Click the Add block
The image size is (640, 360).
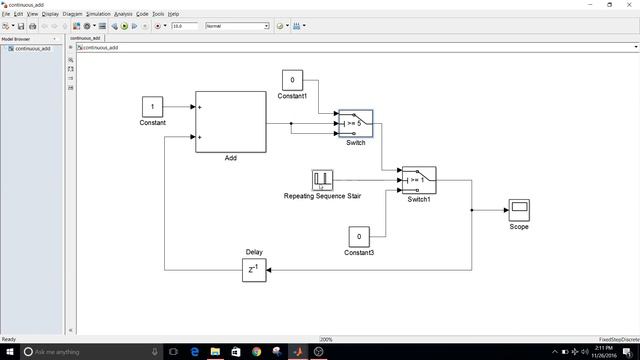(230, 121)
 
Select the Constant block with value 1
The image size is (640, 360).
(152, 106)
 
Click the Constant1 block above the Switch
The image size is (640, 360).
(292, 80)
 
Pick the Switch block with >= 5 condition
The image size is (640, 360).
(355, 124)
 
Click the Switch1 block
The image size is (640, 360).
(418, 179)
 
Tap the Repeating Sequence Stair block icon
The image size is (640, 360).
(322, 180)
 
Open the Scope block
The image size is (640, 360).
(518, 210)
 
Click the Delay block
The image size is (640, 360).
(254, 270)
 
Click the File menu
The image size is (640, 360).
(6, 14)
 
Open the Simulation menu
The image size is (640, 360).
(98, 14)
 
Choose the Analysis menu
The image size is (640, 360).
(122, 14)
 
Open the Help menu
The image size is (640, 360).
(173, 14)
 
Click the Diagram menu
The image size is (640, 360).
(73, 14)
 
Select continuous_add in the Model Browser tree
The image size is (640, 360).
(33, 48)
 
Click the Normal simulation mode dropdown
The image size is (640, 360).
(237, 26)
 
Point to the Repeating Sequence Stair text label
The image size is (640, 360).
(322, 196)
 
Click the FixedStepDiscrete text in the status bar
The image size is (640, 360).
(612, 339)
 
